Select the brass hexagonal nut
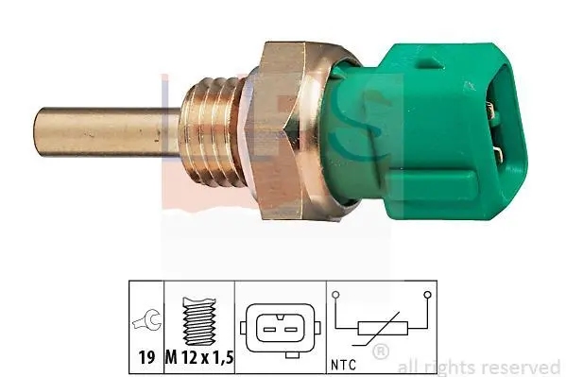click(x=289, y=130)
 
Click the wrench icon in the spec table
click(x=146, y=320)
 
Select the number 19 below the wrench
click(x=146, y=357)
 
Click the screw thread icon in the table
click(x=199, y=320)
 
